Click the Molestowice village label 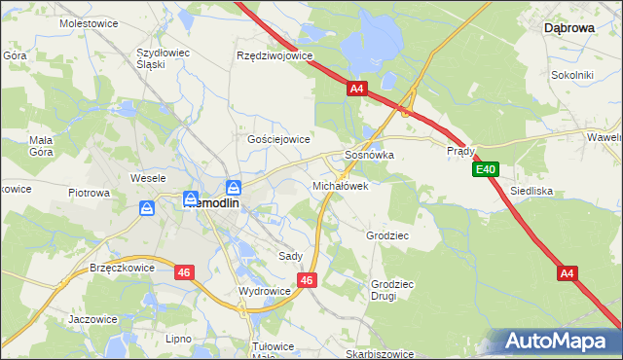click(x=88, y=22)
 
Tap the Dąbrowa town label click(x=568, y=29)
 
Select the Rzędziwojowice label click(x=275, y=55)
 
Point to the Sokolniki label click(x=572, y=74)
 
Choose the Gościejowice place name click(x=278, y=140)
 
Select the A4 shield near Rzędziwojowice click(x=357, y=89)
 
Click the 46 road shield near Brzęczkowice click(x=184, y=273)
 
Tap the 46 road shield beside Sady click(x=307, y=280)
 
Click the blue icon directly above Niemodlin click(x=234, y=187)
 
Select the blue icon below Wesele click(x=147, y=207)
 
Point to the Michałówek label click(x=340, y=185)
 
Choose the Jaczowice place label click(x=92, y=319)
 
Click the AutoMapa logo click(x=556, y=342)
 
